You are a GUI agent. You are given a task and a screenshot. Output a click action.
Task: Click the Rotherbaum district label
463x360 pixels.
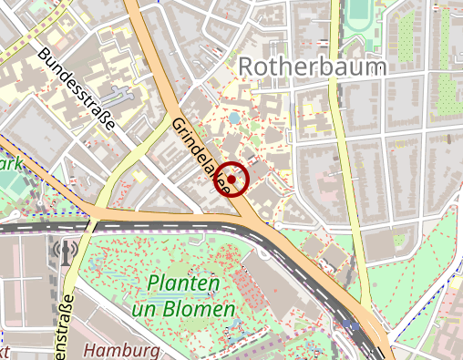313,66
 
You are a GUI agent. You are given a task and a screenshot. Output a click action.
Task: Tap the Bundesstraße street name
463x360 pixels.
77,88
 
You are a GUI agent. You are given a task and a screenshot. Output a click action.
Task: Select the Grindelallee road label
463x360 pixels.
200,154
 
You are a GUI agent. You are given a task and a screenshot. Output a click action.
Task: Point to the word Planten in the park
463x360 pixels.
182,284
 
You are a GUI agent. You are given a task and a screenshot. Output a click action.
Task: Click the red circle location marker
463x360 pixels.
233,180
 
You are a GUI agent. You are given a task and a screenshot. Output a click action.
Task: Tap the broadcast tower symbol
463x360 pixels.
65,250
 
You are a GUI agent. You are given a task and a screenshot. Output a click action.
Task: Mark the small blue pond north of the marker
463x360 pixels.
235,118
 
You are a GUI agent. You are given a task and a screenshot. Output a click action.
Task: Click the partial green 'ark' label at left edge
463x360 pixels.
10,165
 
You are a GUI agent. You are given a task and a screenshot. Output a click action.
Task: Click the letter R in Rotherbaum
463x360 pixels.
246,66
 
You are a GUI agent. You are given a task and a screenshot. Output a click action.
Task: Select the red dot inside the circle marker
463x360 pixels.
233,180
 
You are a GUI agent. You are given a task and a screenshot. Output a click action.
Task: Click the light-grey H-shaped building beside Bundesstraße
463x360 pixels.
117,94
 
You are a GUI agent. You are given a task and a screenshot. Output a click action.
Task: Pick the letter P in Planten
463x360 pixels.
152,284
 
